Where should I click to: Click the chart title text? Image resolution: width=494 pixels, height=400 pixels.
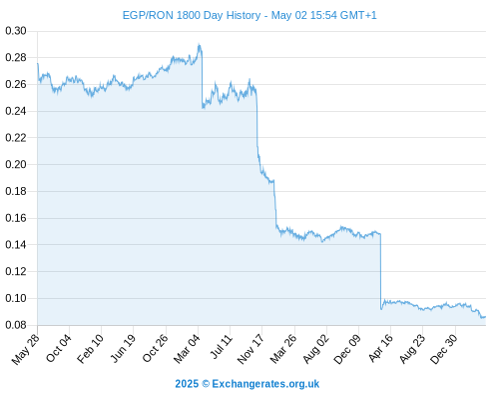point(249,15)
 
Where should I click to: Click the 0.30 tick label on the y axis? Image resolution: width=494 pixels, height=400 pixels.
point(16,31)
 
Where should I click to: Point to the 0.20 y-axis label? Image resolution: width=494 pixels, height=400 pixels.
point(16,164)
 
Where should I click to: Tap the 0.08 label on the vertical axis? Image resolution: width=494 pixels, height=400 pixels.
point(16,325)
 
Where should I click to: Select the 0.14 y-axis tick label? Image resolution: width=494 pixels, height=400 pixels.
point(16,245)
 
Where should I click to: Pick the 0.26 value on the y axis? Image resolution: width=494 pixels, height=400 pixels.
point(16,84)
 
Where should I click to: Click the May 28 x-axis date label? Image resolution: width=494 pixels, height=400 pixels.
point(26,349)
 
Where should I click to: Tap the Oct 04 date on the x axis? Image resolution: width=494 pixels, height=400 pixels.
point(59,348)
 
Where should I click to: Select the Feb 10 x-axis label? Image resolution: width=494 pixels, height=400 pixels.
point(90,349)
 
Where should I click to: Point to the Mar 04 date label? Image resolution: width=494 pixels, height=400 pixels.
point(187,349)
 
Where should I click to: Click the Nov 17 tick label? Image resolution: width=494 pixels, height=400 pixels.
point(250,349)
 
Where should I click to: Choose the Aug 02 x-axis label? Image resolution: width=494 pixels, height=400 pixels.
point(315,349)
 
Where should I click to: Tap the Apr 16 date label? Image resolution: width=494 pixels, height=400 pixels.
point(380,348)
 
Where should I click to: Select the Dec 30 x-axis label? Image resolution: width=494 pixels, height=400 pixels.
point(444,349)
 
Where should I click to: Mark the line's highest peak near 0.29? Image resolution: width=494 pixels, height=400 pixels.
point(199,44)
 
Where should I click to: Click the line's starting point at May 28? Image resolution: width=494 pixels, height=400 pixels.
point(38,63)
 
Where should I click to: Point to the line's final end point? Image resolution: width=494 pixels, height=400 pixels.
point(486,317)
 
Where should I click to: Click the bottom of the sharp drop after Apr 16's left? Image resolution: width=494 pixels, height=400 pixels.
point(381,309)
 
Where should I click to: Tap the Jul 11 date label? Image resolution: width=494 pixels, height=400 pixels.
point(221,347)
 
